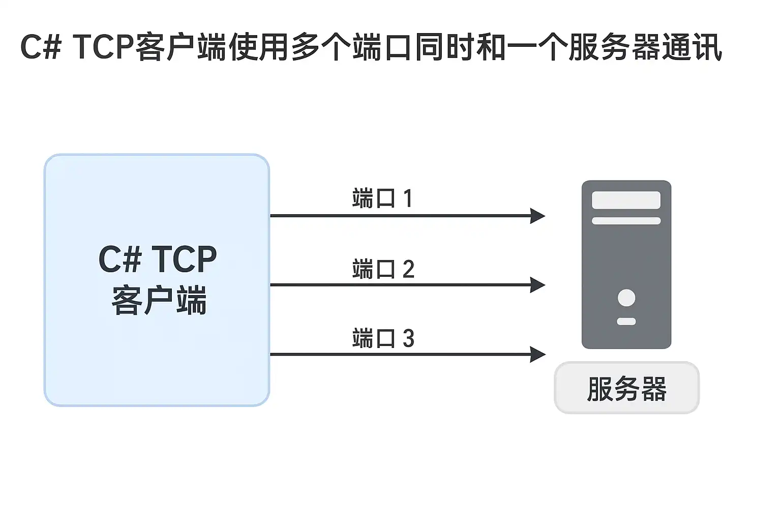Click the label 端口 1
382,198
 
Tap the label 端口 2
383,269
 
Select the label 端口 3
383,338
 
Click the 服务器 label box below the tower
626,388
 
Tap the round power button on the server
626,298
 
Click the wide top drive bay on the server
626,200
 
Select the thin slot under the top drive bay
626,221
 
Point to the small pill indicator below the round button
626,322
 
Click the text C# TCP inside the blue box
158,259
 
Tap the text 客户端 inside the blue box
159,300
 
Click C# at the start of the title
41,47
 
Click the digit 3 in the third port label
408,338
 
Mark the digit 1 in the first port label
408,198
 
